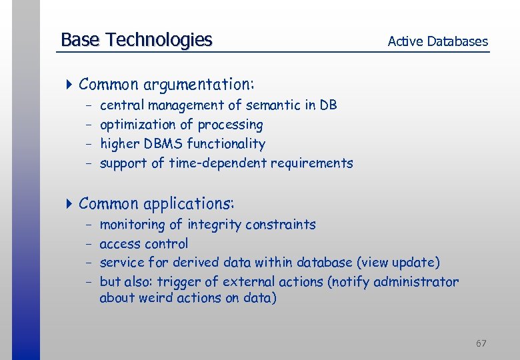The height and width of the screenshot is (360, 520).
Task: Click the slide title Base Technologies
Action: pos(136,40)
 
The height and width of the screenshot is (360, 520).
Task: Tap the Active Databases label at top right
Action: pos(437,41)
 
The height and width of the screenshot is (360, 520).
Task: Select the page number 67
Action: pos(481,343)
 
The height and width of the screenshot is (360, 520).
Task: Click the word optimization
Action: pos(135,125)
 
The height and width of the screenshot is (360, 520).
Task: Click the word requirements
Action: pos(314,163)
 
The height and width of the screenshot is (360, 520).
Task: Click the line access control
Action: pos(143,244)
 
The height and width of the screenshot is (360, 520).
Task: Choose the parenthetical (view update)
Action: pos(399,263)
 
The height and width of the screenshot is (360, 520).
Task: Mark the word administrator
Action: pos(416,282)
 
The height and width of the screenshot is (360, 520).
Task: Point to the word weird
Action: pos(156,298)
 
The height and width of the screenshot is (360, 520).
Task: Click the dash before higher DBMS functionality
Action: pos(89,144)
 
